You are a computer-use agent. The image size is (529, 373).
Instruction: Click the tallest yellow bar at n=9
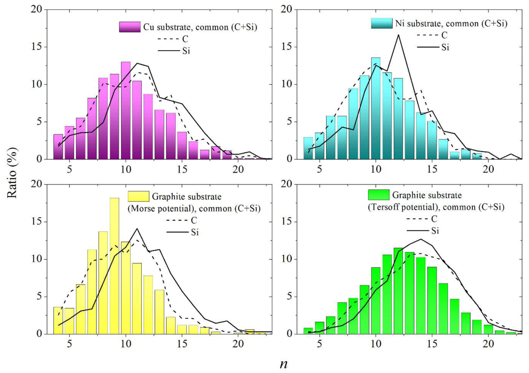(114, 266)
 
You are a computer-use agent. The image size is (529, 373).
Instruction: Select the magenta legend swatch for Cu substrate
(130, 27)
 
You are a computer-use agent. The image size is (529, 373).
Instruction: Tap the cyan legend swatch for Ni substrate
(382, 23)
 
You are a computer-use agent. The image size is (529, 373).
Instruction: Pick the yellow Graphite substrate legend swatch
(138, 196)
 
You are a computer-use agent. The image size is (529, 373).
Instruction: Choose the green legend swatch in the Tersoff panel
(379, 195)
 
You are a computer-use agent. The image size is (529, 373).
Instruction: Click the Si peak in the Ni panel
(398, 35)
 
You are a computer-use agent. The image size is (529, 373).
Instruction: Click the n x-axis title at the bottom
(284, 364)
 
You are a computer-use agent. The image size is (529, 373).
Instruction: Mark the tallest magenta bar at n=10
(126, 110)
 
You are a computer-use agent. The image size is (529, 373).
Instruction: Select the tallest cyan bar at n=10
(376, 108)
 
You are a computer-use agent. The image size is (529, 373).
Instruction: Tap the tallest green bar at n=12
(398, 291)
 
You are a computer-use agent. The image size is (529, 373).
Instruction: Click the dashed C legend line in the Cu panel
(168, 39)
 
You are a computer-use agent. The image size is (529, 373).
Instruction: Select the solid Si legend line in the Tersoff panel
(418, 231)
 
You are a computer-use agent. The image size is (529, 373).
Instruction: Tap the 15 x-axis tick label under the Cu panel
(182, 170)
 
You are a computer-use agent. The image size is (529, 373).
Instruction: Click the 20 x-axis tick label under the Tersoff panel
(488, 344)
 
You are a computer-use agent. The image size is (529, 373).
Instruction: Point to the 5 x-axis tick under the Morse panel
(69, 344)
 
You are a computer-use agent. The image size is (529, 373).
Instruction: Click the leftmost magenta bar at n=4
(58, 147)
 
